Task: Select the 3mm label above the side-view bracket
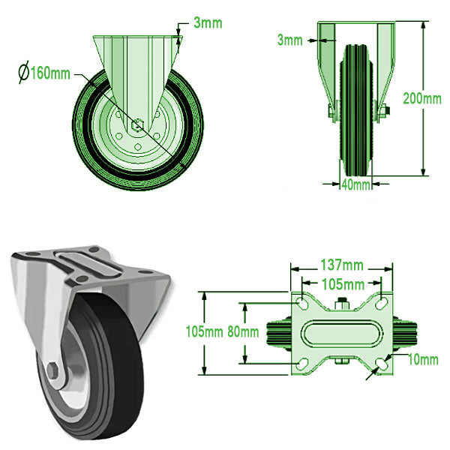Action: tap(208, 22)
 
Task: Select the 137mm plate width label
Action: tap(341, 265)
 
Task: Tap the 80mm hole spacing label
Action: tap(244, 331)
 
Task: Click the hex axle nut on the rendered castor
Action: tap(53, 371)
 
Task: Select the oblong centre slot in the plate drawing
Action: tap(341, 332)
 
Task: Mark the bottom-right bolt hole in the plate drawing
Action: tap(382, 363)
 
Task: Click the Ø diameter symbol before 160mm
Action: tap(24, 74)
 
